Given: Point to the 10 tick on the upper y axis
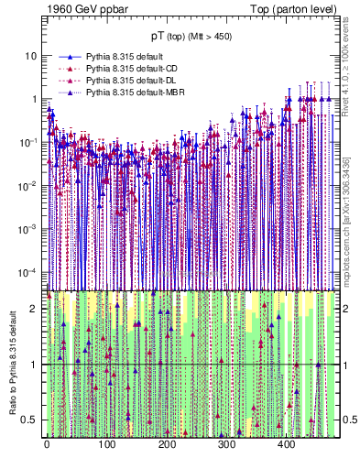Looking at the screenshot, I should pyautogui.click(x=30, y=56).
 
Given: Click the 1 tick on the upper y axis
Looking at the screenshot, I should pyautogui.click(x=33, y=99).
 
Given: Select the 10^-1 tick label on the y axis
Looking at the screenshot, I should pyautogui.click(x=27, y=142).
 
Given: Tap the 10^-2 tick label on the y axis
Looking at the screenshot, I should pyautogui.click(x=27, y=185).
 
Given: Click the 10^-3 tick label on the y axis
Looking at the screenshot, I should pyautogui.click(x=27, y=228).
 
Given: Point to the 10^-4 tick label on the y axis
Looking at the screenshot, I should pyautogui.click(x=27, y=271).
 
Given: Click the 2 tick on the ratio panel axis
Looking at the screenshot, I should pyautogui.click(x=33, y=309).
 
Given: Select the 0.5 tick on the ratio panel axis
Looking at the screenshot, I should pyautogui.click(x=29, y=420).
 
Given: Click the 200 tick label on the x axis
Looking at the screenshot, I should pyautogui.click(x=167, y=444).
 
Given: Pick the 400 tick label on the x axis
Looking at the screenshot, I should pyautogui.click(x=286, y=444).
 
